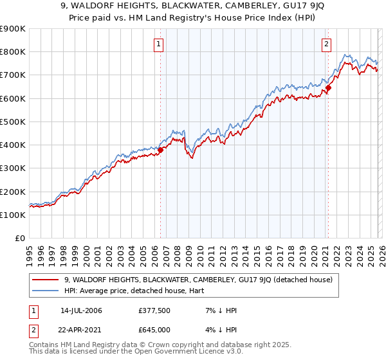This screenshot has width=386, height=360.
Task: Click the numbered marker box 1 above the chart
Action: [158, 44]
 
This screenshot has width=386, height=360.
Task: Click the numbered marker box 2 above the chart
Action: [327, 44]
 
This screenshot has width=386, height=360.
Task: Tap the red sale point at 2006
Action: [160, 150]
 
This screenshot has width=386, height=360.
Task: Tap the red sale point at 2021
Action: [328, 87]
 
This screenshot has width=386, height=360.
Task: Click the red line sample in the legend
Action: [46, 280]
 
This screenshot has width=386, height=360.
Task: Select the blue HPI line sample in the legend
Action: [46, 291]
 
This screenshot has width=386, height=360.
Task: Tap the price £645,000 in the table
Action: [154, 330]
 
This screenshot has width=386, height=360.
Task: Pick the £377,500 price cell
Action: [154, 310]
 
